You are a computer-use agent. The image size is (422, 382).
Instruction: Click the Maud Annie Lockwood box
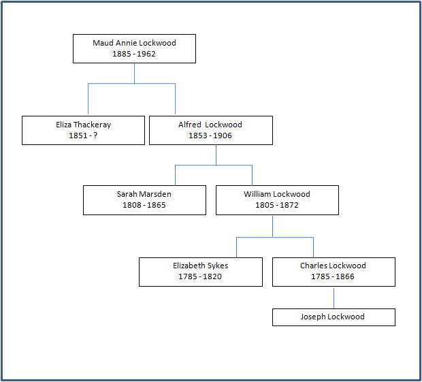134,48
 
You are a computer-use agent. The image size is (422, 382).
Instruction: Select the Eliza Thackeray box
83,130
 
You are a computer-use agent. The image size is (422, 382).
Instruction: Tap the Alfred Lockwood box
210,130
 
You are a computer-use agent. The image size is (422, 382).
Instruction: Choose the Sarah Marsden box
144,200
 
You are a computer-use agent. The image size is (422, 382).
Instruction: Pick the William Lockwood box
277,200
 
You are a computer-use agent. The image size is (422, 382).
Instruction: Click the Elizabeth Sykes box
200,271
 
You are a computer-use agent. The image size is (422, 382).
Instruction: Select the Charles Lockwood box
334,271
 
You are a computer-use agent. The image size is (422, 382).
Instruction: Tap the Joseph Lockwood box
334,317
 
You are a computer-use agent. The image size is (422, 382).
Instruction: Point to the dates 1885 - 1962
134,54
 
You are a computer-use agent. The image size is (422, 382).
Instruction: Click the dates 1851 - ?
83,136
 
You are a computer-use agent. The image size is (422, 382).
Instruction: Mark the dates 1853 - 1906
210,136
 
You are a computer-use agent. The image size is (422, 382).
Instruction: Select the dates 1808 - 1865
144,205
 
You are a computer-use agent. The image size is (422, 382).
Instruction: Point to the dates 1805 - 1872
277,205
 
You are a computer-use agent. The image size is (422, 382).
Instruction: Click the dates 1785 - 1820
200,276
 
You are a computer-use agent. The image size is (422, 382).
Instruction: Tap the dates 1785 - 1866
334,276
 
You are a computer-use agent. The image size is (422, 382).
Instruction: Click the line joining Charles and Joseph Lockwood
334,298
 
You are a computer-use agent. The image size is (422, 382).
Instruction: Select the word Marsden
156,195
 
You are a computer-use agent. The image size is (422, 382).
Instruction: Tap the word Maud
103,43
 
